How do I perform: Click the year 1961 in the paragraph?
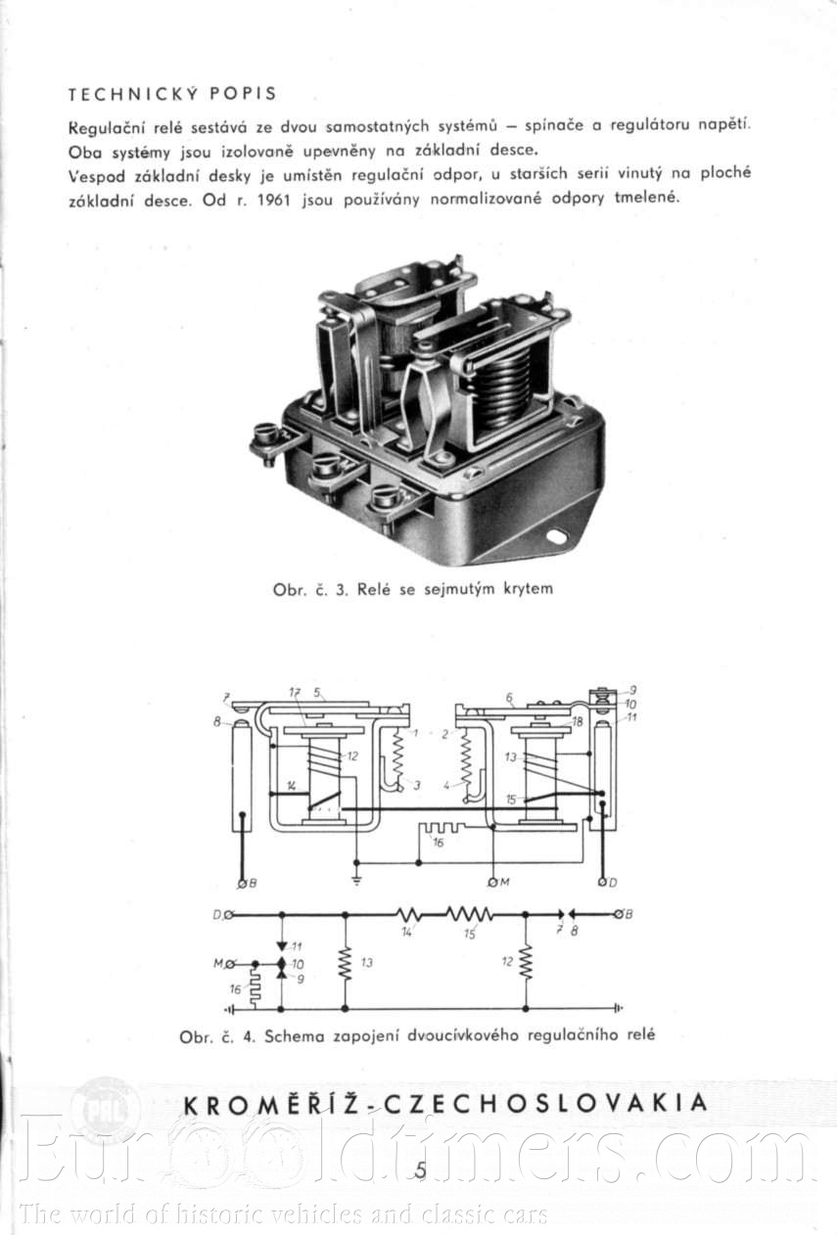(x=273, y=200)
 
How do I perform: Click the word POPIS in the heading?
(x=243, y=94)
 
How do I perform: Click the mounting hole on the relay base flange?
(x=557, y=535)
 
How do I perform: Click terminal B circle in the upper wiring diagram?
(x=242, y=883)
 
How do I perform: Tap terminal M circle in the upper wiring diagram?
(x=492, y=883)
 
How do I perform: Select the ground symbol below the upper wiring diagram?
(x=356, y=881)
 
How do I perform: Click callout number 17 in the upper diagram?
(x=296, y=692)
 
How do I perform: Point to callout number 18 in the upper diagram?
(x=578, y=721)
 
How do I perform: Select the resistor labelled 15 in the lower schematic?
(x=469, y=915)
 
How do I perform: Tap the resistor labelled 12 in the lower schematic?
(x=526, y=963)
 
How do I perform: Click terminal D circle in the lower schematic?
(x=229, y=915)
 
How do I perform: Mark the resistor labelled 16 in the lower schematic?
(x=255, y=990)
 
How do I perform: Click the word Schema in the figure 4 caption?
(x=295, y=1036)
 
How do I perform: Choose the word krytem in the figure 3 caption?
(x=528, y=589)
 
